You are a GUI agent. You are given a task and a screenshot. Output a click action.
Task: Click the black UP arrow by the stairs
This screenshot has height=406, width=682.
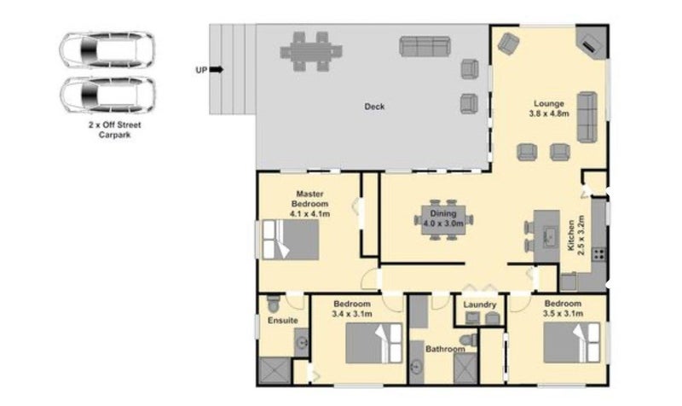[217, 70]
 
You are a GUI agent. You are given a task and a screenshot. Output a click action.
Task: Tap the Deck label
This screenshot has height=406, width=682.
[374, 106]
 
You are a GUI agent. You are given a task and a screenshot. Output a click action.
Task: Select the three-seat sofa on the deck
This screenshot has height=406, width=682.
[425, 47]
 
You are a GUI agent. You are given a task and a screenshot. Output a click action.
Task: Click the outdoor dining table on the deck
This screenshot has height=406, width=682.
[311, 52]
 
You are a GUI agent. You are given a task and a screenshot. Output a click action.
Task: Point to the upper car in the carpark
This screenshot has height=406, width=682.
[107, 50]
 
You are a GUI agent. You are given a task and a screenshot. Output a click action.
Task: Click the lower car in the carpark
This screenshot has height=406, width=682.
[107, 95]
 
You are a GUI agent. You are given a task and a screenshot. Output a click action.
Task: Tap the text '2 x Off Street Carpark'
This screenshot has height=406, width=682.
[115, 130]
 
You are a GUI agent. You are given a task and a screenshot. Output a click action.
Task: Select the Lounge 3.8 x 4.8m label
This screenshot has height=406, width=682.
[549, 109]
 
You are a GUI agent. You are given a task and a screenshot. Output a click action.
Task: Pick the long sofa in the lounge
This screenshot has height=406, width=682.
[587, 117]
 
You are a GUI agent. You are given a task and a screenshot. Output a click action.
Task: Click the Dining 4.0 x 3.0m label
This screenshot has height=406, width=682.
[443, 218]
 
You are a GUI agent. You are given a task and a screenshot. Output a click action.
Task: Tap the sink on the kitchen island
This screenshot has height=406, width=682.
[548, 235]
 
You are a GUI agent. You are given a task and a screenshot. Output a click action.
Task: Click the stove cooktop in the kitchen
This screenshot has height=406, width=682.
[599, 253]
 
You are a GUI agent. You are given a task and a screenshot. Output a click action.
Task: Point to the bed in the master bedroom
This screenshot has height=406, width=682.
[290, 240]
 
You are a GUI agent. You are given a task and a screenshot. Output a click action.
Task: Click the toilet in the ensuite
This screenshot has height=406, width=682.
[273, 304]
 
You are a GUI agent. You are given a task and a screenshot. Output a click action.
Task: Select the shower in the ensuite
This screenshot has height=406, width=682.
[275, 370]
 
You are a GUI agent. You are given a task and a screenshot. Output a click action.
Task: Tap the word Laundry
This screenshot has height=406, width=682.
[480, 304]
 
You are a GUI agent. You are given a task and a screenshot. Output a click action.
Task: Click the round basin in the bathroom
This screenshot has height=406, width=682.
[417, 368]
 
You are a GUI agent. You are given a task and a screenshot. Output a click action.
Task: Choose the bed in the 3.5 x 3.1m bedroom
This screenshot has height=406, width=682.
[571, 343]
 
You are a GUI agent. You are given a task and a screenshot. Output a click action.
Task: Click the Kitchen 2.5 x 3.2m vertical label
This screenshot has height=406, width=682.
[576, 235]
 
